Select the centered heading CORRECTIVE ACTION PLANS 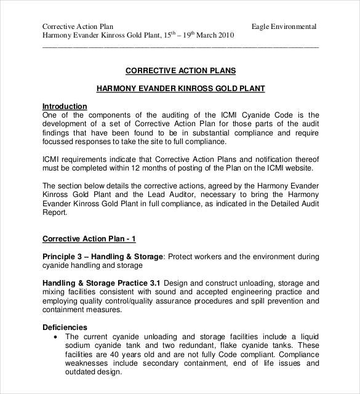coord(180,71)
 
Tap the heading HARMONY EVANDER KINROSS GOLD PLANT coord(180,89)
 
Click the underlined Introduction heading coord(65,106)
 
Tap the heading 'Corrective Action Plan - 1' coord(89,238)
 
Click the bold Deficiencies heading coord(65,327)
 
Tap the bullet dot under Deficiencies coord(56,337)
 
